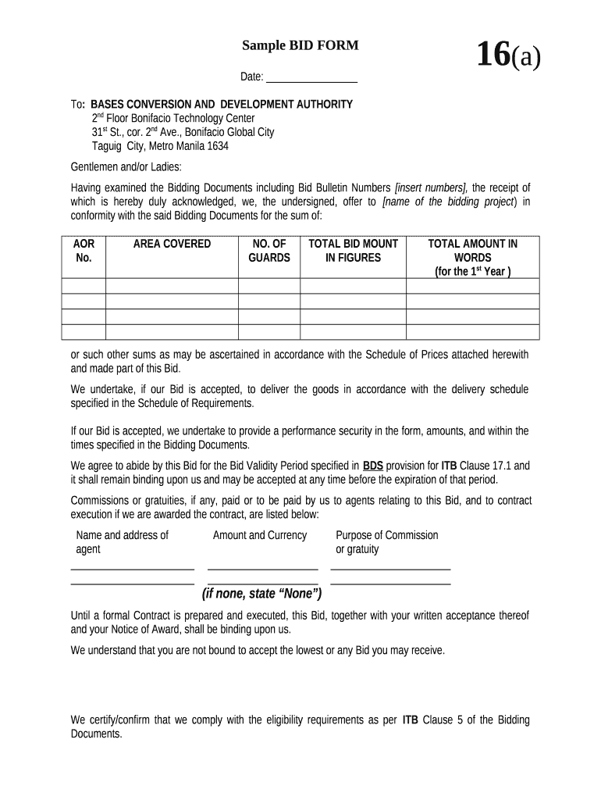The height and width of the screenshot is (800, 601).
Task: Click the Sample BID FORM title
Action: pyautogui.click(x=300, y=45)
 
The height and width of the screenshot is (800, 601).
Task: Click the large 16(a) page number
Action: pyautogui.click(x=508, y=56)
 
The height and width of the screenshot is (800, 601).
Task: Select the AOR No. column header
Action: pyautogui.click(x=84, y=251)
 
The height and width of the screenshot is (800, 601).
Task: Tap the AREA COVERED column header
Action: pyautogui.click(x=172, y=244)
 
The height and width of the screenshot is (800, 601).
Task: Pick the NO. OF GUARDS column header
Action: pyautogui.click(x=269, y=251)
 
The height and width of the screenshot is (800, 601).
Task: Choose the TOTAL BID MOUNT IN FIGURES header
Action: pyautogui.click(x=353, y=251)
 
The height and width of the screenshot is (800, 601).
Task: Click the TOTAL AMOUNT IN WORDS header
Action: pyautogui.click(x=472, y=257)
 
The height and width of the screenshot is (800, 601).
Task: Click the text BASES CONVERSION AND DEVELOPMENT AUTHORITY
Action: pyautogui.click(x=222, y=104)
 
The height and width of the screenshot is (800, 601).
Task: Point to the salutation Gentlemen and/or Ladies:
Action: pyautogui.click(x=126, y=166)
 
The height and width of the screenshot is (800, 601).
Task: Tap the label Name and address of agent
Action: pyautogui.click(x=122, y=542)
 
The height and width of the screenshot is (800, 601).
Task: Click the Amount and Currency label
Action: pyautogui.click(x=260, y=535)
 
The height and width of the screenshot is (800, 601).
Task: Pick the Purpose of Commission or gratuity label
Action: pyautogui.click(x=386, y=542)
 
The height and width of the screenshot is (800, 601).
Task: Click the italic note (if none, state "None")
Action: pyautogui.click(x=261, y=594)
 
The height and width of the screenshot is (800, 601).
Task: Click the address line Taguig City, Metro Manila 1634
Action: pyautogui.click(x=160, y=146)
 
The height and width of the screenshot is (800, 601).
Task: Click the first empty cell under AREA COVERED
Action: pyautogui.click(x=172, y=286)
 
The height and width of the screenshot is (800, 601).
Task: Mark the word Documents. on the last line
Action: pyautogui.click(x=97, y=734)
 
